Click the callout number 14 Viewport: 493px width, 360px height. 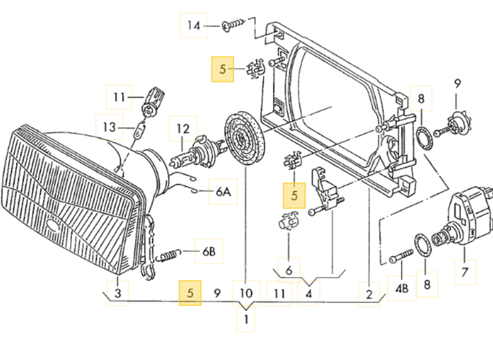click(194, 25)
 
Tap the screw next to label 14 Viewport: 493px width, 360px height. click(233, 25)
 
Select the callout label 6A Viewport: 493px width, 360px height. click(223, 192)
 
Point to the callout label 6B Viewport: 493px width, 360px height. click(209, 251)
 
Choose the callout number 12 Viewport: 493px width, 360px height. click(183, 129)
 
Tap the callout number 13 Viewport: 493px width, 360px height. click(109, 127)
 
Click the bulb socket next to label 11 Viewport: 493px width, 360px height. click(154, 101)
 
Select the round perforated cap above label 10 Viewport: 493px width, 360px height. click(244, 139)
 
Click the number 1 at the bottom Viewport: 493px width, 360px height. click(246, 320)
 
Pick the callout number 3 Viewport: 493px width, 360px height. click(118, 293)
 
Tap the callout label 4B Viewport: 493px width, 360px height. click(402, 288)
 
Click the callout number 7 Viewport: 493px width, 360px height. click(466, 272)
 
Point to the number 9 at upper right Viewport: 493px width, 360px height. click(457, 84)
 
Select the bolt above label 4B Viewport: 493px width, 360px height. click(401, 256)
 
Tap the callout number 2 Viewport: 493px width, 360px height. click(370, 294)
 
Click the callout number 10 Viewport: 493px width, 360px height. click(246, 293)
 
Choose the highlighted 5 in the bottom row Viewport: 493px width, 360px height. click(190, 293)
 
